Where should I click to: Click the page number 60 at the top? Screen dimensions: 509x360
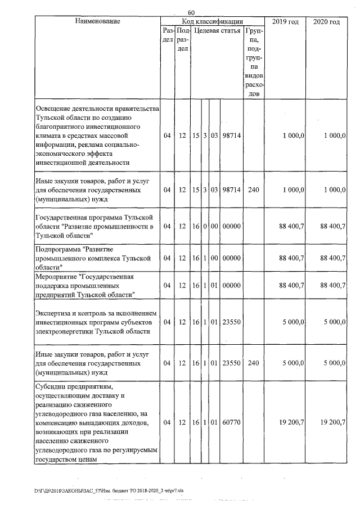(x=191, y=12)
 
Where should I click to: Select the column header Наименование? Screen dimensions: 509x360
(x=97, y=21)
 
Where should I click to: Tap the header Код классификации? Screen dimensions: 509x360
(x=212, y=21)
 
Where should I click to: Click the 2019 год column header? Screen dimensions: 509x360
(x=285, y=21)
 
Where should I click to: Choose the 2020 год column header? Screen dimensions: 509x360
(x=326, y=21)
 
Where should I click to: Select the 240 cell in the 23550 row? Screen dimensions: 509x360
(x=253, y=363)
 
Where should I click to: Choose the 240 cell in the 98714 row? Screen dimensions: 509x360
(x=253, y=190)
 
